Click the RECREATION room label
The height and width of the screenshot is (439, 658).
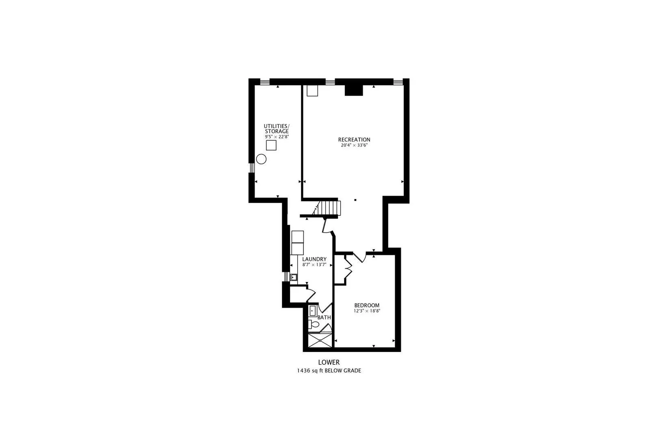pos(354,140)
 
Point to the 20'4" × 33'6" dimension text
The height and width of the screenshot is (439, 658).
pos(354,145)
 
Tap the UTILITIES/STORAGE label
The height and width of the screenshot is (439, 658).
pos(277,129)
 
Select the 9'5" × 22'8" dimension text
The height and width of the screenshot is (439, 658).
pos(277,137)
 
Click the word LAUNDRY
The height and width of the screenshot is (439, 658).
pos(314,259)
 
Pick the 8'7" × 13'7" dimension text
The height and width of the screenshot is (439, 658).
pos(314,265)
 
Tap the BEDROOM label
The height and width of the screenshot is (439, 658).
pos(367,305)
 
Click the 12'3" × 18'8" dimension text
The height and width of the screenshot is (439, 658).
pos(367,311)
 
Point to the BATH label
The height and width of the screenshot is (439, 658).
pos(324,317)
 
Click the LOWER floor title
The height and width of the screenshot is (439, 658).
pos(329,363)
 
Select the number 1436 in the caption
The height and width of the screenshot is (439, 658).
pos(303,371)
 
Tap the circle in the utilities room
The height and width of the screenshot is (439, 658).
pos(261,159)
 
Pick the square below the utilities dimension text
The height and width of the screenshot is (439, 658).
pos(271,145)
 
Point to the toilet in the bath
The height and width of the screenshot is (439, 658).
pos(313,325)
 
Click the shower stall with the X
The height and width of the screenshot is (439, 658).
pos(320,340)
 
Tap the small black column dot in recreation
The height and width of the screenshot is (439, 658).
pos(355,200)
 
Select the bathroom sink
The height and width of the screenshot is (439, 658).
pos(313,311)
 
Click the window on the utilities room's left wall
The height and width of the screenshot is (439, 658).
pos(251,167)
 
